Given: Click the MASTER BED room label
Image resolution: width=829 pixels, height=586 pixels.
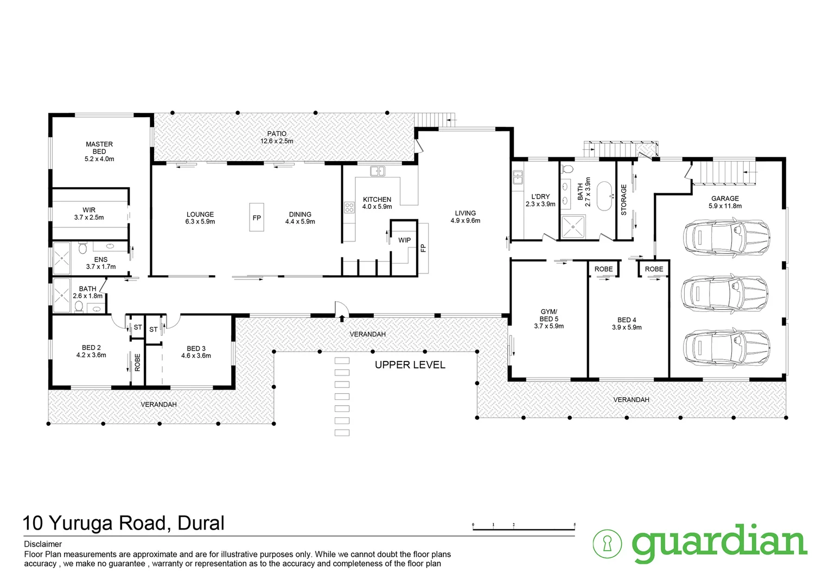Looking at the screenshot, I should (x=99, y=151).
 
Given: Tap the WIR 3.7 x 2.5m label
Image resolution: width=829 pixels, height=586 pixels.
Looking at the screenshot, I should (x=89, y=214).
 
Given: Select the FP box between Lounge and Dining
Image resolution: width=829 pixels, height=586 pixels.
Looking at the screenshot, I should (x=257, y=218).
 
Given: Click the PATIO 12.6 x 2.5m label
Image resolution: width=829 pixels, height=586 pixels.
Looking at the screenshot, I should (x=277, y=137).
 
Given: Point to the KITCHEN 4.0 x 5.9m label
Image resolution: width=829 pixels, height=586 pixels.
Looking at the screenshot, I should (x=377, y=203).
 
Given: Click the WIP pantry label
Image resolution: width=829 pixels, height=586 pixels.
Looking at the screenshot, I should (x=404, y=240).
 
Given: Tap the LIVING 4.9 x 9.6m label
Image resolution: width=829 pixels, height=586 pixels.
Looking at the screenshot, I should (x=465, y=216).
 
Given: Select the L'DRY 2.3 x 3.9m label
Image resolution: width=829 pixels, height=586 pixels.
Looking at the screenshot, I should (x=540, y=200).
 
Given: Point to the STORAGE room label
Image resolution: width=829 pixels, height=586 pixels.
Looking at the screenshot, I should (x=624, y=200).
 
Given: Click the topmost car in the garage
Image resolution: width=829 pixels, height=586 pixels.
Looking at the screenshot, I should (x=726, y=237).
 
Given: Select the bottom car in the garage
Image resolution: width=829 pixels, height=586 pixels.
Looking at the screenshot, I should (x=726, y=346).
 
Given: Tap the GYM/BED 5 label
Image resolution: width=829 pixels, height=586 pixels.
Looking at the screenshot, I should (x=549, y=319).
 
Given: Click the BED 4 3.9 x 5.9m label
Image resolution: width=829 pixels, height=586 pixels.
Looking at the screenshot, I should (x=627, y=323).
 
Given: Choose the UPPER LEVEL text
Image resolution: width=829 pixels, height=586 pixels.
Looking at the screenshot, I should (x=410, y=365).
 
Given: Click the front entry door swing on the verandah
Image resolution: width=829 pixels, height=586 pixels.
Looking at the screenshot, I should (x=341, y=309).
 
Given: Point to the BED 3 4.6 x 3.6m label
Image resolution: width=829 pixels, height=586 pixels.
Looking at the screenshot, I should (x=196, y=352).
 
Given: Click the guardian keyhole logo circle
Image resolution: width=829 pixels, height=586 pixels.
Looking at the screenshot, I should (x=607, y=543).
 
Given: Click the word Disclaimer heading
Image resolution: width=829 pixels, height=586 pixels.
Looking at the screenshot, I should (x=43, y=544).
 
